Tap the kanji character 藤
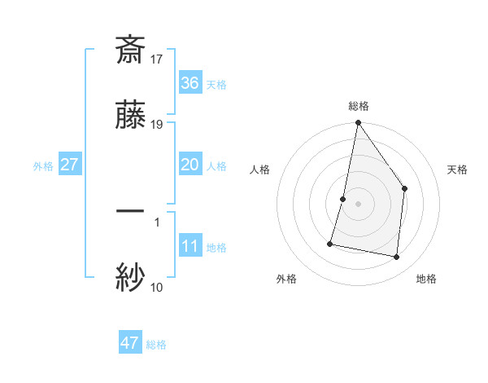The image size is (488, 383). (130, 117)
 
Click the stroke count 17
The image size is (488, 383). (158, 59)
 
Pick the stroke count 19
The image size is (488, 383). (158, 125)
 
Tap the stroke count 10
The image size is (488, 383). (156, 287)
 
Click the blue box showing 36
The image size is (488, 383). (190, 83)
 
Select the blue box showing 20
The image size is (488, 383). (190, 165)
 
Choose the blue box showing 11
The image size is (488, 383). (190, 246)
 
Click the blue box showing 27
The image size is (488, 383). (70, 165)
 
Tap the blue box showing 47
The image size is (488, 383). (130, 343)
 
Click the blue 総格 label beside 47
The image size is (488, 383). (156, 345)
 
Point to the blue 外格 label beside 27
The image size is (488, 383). (43, 166)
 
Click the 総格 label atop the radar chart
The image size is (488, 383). (359, 106)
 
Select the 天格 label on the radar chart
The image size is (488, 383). (458, 169)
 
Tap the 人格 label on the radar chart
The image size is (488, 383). (259, 169)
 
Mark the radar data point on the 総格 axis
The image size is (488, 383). (358, 123)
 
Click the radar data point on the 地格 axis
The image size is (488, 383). (396, 257)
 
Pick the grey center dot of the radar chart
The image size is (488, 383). (358, 203)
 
